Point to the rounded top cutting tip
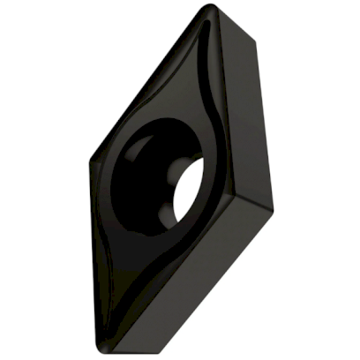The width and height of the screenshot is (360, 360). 209,10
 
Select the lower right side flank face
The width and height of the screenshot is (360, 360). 221,265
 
